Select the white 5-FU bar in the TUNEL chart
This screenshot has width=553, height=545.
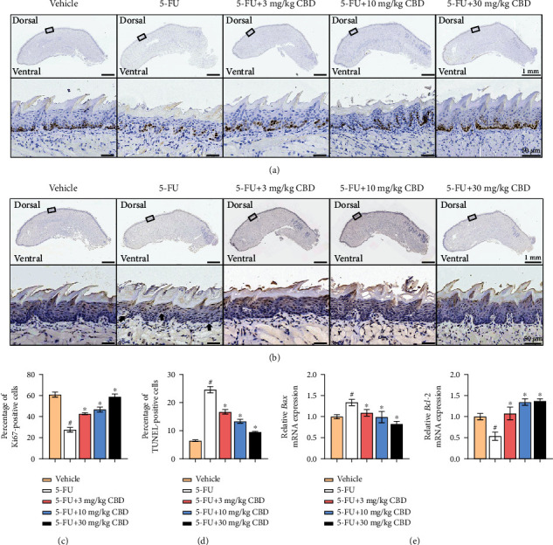(210, 410)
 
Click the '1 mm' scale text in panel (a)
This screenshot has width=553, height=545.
(528, 72)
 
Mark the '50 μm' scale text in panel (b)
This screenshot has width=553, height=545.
(528, 335)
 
